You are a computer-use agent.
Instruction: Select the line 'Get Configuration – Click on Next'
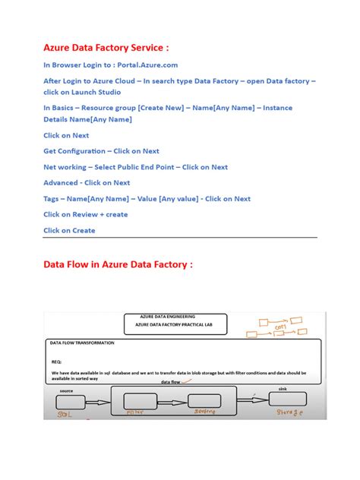[101, 151]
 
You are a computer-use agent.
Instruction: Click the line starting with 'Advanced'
[87, 183]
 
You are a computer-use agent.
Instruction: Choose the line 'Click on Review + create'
[86, 214]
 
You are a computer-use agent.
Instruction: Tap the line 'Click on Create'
[69, 230]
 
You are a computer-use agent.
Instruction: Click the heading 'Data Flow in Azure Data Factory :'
[118, 264]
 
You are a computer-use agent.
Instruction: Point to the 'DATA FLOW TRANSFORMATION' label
[82, 343]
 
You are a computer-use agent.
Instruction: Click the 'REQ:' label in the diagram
[56, 362]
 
